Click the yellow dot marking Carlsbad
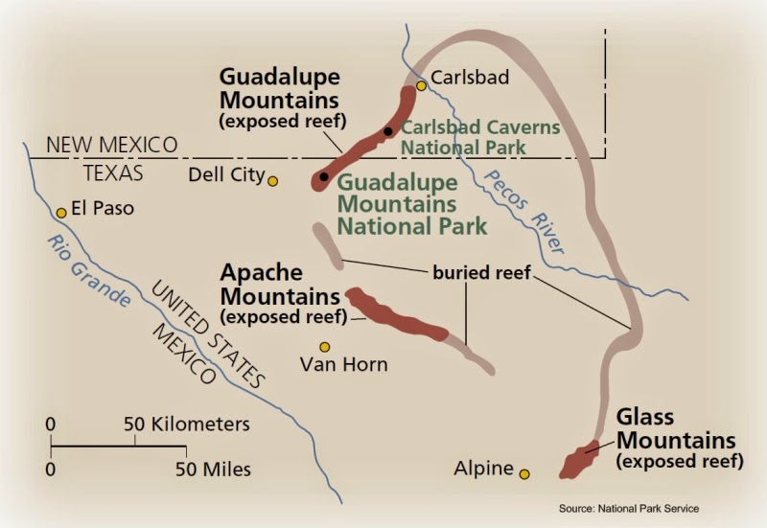click(421, 86)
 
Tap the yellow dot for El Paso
click(61, 213)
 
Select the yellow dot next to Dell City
click(273, 180)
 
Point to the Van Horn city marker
click(325, 347)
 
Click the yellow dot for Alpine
click(524, 472)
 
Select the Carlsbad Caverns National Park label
click(479, 137)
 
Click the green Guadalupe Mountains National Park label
click(413, 204)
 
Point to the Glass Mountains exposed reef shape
click(576, 460)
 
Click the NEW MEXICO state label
click(113, 145)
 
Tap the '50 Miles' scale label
click(213, 470)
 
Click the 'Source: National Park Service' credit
click(628, 508)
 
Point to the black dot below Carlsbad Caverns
click(325, 176)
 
